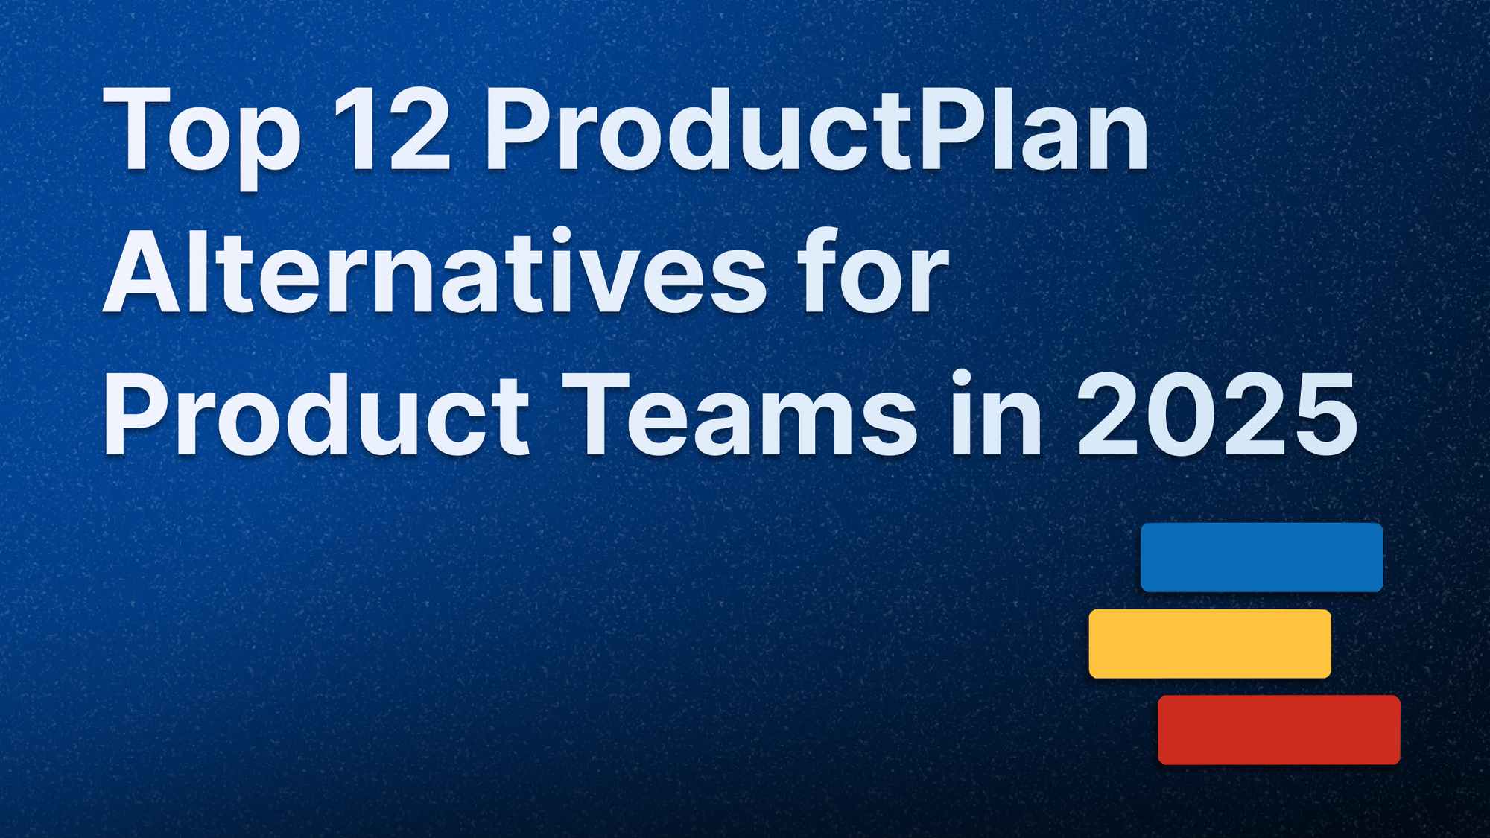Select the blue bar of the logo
click(x=1261, y=557)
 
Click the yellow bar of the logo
click(x=1209, y=644)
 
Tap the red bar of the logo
click(x=1278, y=730)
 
